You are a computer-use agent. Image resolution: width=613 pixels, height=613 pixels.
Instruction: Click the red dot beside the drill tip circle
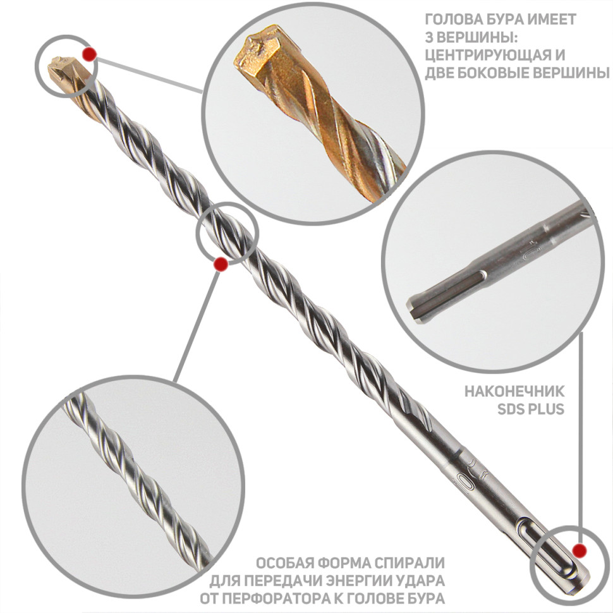tap(90, 54)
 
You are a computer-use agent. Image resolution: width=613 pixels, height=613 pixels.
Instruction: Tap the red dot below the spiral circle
tap(221, 264)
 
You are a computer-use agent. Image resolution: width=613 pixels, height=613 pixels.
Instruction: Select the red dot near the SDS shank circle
tap(580, 550)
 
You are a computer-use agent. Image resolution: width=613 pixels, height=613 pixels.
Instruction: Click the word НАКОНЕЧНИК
tap(514, 391)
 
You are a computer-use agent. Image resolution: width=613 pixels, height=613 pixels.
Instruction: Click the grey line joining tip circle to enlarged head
tap(150, 76)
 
